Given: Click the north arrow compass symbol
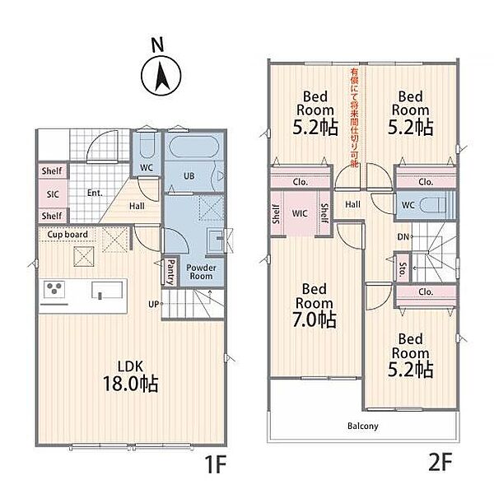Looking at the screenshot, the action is coord(161,76).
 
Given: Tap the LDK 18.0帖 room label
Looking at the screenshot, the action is coord(131,376).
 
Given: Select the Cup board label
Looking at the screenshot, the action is coord(68,235).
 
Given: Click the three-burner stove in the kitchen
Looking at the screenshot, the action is coord(54,289).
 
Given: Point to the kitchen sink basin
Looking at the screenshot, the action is coord(107,290).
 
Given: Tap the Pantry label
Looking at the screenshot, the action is coord(171,272).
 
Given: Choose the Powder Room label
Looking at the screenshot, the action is coord(201,272).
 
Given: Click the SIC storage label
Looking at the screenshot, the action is coord(53,194).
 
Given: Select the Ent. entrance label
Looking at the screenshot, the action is coord(95,193).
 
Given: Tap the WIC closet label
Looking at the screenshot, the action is coord(300,213).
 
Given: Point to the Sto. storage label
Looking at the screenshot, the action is coord(403,269).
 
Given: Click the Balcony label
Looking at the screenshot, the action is coord(362,426).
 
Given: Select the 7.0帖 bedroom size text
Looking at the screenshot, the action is coord(315,319).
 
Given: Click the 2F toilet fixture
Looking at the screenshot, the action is coord(434,205).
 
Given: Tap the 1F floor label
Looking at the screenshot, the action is coord(216,464).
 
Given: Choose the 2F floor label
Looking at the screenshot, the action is coord(440,462).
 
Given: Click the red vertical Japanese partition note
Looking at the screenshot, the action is coord(354,118).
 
